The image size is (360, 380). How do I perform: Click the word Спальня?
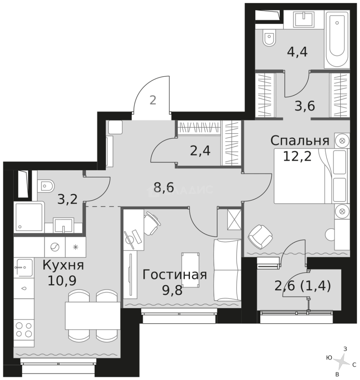[300, 141]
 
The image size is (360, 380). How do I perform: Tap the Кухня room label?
[63, 265]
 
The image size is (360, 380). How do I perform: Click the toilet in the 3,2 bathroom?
[46, 185]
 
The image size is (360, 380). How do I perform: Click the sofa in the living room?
[227, 270]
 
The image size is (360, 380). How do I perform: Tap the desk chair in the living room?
[151, 223]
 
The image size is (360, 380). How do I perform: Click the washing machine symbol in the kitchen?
[55, 247]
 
